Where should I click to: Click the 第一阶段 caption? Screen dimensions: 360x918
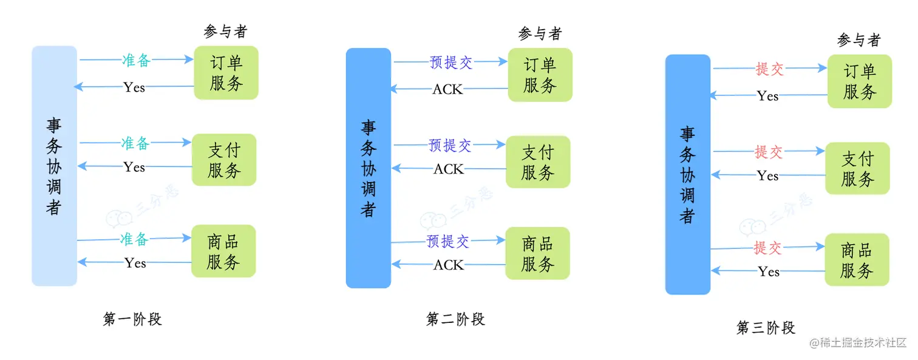coord(132,319)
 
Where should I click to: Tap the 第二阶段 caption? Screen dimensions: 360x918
coord(456,319)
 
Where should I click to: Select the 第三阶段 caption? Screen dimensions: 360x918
coord(766,328)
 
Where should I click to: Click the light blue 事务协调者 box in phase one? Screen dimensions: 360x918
coord(54,166)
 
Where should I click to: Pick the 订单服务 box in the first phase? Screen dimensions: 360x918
coord(226,73)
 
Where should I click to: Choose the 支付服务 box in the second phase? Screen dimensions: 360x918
coord(538,161)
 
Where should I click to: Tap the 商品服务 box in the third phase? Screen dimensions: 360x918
coord(857,260)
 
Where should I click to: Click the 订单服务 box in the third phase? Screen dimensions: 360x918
coord(859,81)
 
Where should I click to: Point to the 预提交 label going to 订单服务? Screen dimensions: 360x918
coord(450,62)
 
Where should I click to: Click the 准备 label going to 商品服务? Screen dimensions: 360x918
coord(134,239)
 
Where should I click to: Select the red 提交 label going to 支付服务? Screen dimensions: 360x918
coord(769,152)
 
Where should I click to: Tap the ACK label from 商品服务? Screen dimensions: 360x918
coord(448,265)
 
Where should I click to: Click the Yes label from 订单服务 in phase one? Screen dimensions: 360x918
coord(134,87)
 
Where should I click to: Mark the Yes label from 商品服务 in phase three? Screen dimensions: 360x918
coord(768,272)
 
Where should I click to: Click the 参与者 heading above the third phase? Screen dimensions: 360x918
coord(858,40)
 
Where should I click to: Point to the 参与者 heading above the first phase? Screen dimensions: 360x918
coord(225,32)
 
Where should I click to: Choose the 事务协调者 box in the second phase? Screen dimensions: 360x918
coord(369,168)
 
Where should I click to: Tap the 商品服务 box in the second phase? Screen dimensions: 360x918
coord(538,254)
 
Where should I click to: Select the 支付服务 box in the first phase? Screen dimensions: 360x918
coord(224,160)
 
